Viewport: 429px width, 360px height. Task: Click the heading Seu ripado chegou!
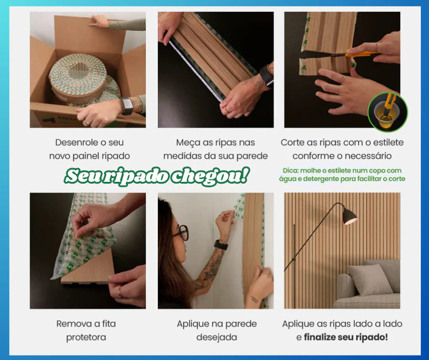tap(157, 175)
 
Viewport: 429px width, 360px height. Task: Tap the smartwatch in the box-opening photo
tap(126, 106)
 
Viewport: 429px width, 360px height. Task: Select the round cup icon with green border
tap(387, 112)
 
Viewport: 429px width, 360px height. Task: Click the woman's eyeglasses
tap(181, 233)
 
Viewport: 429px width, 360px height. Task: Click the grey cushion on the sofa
tap(369, 279)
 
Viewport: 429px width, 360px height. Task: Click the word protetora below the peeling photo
tap(86, 337)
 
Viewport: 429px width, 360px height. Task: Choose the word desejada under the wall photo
tap(216, 337)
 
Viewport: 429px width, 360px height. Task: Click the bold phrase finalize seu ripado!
tap(345, 337)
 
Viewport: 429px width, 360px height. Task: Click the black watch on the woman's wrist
tap(221, 245)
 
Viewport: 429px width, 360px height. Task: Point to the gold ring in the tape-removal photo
tap(120, 291)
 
